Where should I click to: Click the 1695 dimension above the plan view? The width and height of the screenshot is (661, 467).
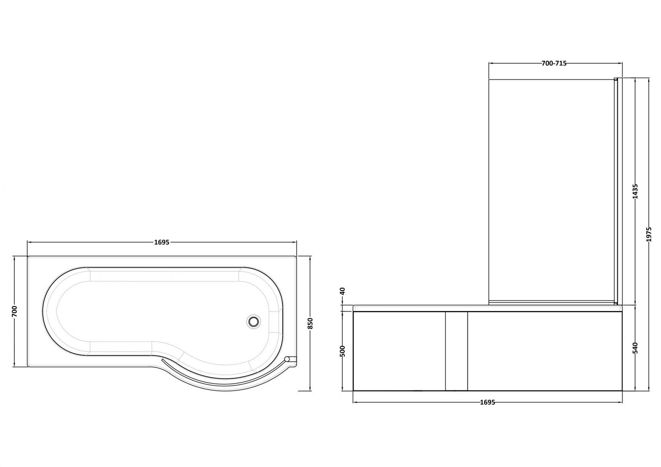pos(162,242)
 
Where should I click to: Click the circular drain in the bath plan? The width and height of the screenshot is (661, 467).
pos(254,321)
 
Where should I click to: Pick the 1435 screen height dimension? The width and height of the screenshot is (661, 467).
pos(636,191)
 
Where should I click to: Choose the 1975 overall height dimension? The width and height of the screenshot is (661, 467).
pos(649,234)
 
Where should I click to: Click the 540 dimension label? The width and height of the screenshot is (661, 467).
pos(636,348)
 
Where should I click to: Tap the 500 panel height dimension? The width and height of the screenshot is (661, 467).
pos(342,351)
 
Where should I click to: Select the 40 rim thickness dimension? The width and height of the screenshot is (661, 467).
pos(342,291)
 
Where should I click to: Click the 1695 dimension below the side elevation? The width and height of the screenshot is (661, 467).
pos(487,402)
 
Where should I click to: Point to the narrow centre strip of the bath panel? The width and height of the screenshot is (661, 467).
pos(457,351)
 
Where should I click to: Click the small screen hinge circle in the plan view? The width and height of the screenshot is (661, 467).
pos(287,359)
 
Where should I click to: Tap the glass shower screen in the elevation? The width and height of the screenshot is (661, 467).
pos(551,189)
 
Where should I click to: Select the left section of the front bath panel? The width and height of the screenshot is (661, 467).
pos(399,351)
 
